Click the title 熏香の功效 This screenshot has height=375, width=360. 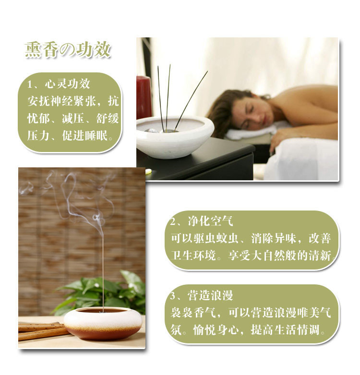click(68, 49)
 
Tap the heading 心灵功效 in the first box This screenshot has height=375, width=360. click(68, 84)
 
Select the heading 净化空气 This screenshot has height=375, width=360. click(210, 221)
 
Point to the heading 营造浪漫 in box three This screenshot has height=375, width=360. click(210, 295)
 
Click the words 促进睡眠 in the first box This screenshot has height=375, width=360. click(85, 136)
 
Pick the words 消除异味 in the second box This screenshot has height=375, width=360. click(274, 238)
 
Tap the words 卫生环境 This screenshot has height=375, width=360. click(193, 256)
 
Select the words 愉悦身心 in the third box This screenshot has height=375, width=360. click(216, 330)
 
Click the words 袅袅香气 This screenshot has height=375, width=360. click(193, 313)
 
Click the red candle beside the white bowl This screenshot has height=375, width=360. click(144, 97)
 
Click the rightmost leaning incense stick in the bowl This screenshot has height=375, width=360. click(191, 100)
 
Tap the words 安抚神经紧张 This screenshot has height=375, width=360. click(62, 101)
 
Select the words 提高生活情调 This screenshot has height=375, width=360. click(285, 330)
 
